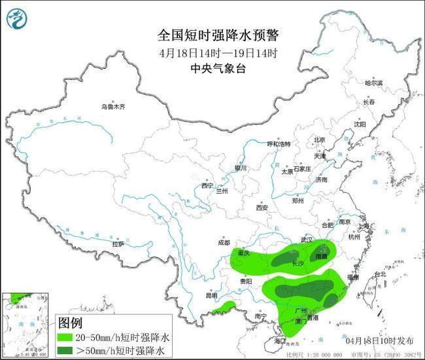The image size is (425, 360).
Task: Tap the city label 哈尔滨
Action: tap(373, 83)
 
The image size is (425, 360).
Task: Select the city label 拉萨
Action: tap(118, 244)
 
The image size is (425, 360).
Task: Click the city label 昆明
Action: tap(211, 295)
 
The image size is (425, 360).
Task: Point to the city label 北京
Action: tap(319, 139)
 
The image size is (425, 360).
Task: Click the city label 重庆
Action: tap(245, 253)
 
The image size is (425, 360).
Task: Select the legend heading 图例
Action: tap(71, 323)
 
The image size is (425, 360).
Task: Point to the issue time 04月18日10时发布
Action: tap(379, 341)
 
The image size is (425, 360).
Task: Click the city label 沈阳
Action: tap(360, 124)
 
